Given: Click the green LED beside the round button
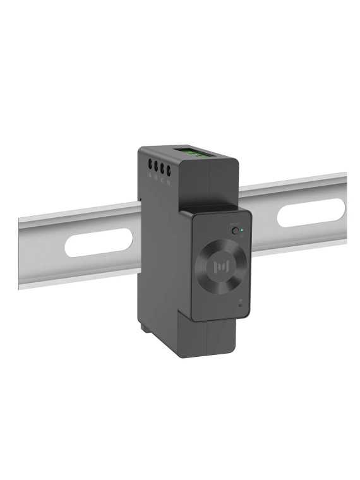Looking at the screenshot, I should pyautogui.click(x=243, y=231).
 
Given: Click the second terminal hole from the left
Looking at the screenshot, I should pyautogui.click(x=156, y=167).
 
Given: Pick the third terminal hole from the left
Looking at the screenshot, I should pyautogui.click(x=162, y=169).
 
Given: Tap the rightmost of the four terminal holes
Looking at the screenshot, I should pyautogui.click(x=169, y=170).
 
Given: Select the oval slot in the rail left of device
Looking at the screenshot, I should pyautogui.click(x=99, y=243).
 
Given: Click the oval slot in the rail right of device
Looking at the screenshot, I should pyautogui.click(x=311, y=213).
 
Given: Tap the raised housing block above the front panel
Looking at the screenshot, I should pyautogui.click(x=212, y=183).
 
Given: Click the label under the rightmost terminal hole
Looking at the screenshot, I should pyautogui.click(x=169, y=182).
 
